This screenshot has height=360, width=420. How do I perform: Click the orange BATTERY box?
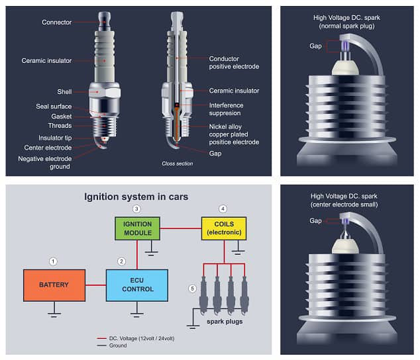click(x=54, y=285)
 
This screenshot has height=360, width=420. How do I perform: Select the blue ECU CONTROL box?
click(x=137, y=285)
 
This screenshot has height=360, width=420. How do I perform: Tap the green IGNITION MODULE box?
click(x=137, y=228)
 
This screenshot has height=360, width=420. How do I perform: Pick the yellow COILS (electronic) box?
click(x=224, y=228)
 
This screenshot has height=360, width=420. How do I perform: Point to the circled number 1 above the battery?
click(x=54, y=261)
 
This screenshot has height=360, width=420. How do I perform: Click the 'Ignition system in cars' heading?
click(x=136, y=197)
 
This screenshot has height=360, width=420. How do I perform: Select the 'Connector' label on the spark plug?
click(x=56, y=22)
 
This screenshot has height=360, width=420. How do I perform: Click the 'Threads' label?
click(x=60, y=126)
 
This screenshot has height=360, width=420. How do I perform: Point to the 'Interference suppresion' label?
click(x=226, y=109)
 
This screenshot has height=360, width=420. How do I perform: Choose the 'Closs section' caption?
click(x=178, y=163)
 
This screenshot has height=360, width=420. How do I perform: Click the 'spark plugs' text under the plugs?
click(x=224, y=322)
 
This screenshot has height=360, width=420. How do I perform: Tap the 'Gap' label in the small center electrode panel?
click(x=315, y=220)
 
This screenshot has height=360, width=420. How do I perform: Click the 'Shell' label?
click(x=64, y=93)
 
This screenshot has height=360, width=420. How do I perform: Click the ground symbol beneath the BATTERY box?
click(x=54, y=311)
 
